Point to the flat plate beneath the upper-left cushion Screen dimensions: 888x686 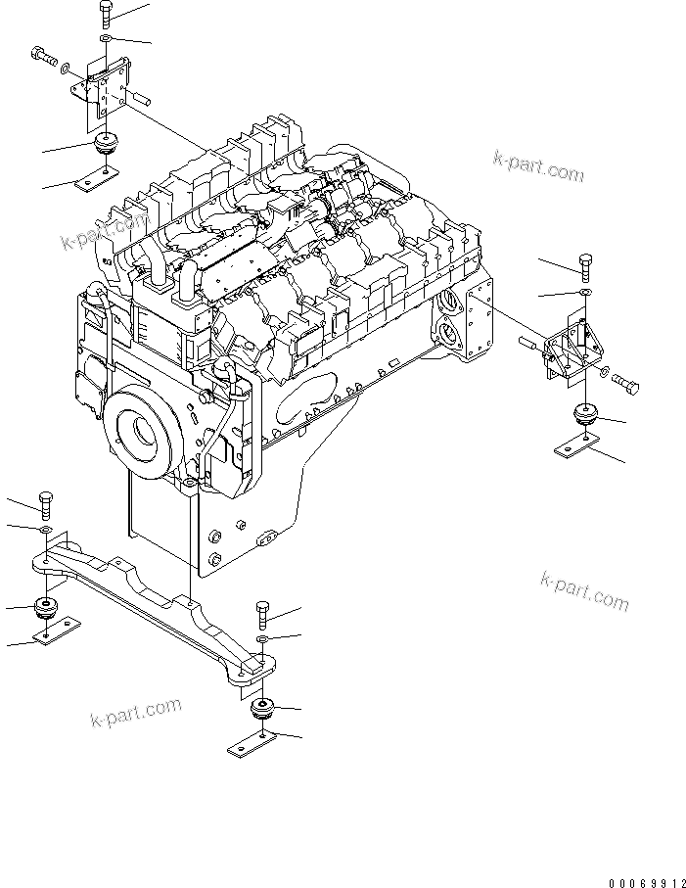[96, 179]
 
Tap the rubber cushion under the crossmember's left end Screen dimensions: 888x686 [46, 607]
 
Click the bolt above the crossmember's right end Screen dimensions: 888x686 [261, 615]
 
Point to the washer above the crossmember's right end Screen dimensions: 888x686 [261, 640]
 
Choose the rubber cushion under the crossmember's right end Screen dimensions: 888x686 [261, 708]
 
